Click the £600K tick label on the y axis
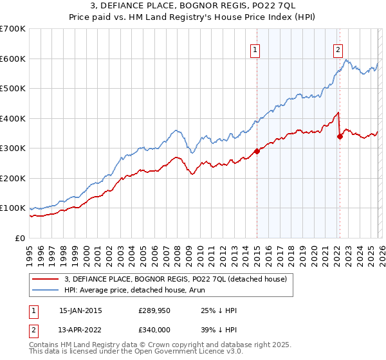pyautogui.click(x=13, y=59)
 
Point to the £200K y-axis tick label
pyautogui.click(x=13, y=178)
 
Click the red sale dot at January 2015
pyautogui.click(x=257, y=151)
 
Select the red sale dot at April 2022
pyautogui.click(x=340, y=136)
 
